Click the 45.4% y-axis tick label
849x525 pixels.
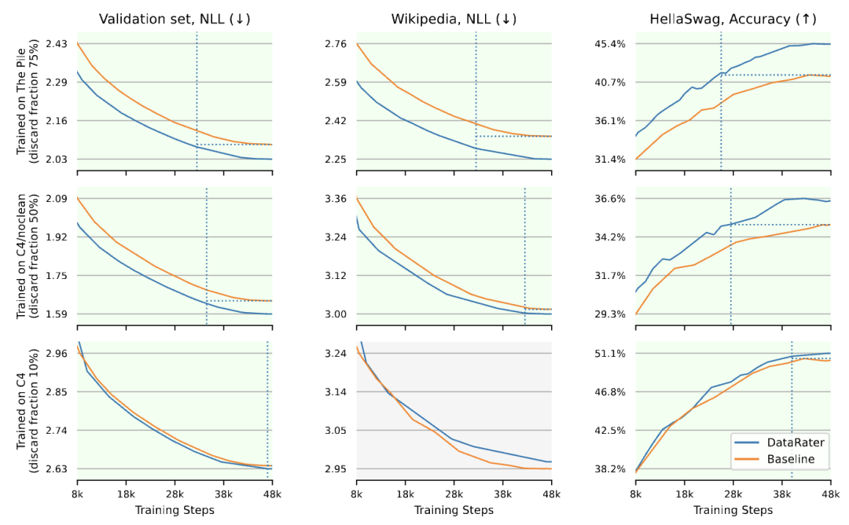(612, 43)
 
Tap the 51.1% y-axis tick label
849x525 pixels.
(612, 354)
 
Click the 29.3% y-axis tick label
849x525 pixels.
(612, 314)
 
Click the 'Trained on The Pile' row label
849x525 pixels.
(20, 101)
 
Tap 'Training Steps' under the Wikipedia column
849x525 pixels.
(454, 510)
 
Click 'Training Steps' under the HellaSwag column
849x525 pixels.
(733, 510)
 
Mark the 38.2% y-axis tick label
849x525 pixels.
(612, 469)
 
